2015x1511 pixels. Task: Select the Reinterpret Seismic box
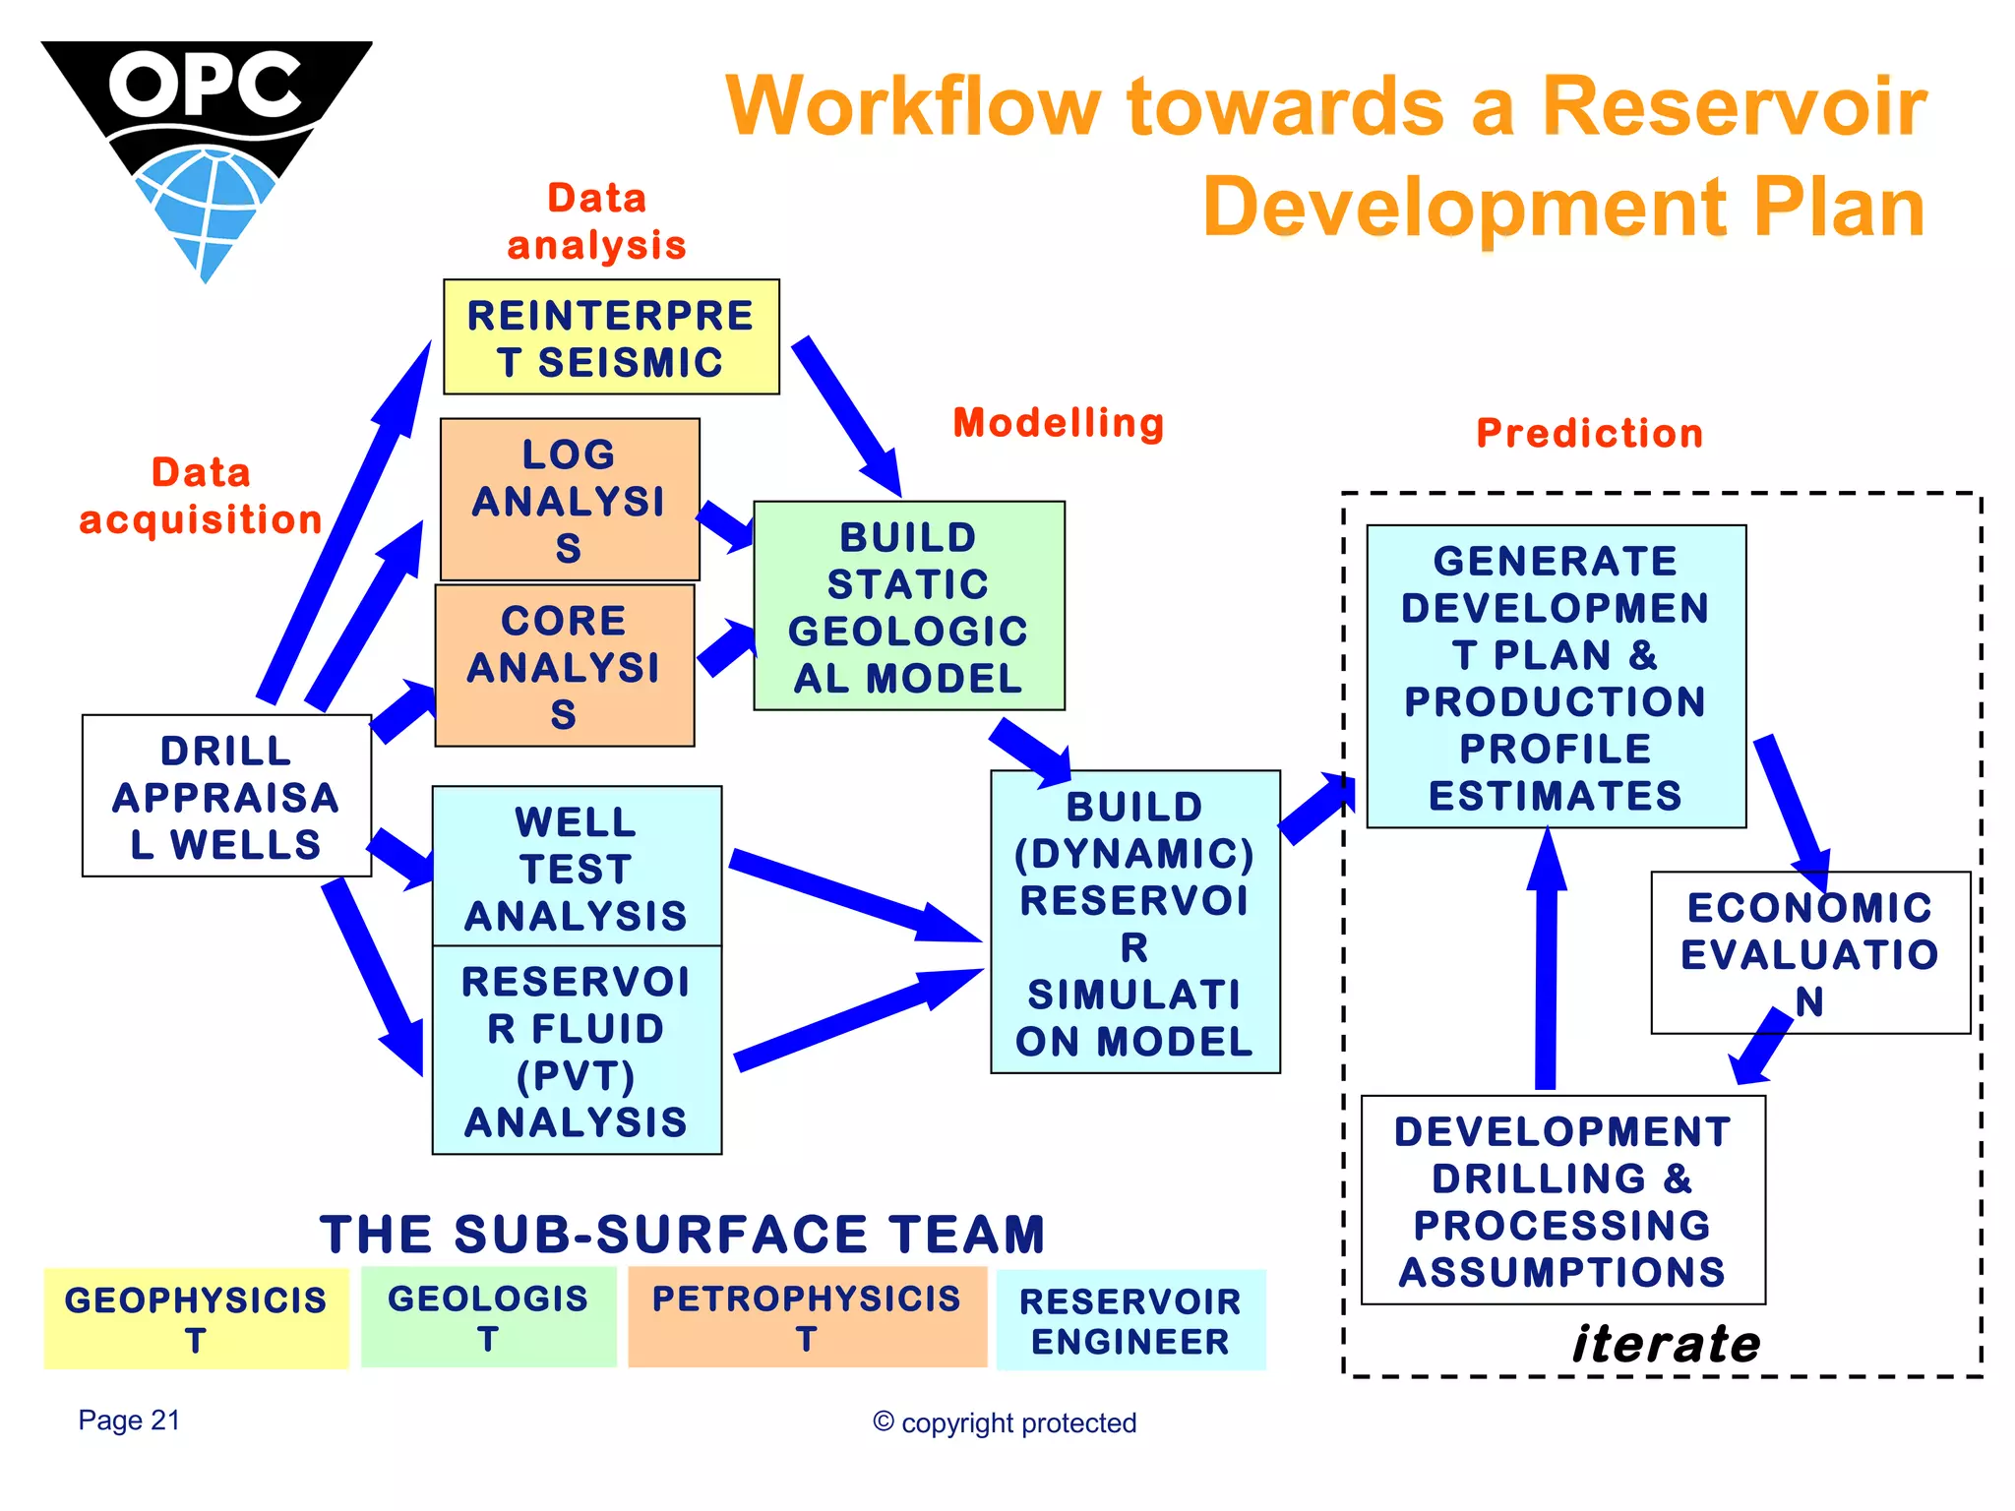(611, 337)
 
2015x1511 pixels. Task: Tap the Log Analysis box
(570, 500)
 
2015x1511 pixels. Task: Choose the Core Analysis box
(565, 666)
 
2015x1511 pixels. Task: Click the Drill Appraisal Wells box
(226, 796)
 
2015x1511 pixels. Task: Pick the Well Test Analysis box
(577, 867)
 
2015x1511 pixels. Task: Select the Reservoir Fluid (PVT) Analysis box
(577, 1050)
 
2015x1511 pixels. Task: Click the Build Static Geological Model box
(908, 606)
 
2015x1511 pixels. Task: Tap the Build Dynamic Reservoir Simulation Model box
(1134, 922)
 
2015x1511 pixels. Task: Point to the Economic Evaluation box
(1809, 952)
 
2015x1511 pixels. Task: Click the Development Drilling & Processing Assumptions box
(1562, 1200)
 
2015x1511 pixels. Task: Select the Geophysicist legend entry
(196, 1318)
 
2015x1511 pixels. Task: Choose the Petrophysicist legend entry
(807, 1316)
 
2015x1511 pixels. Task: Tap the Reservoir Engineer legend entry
(1130, 1320)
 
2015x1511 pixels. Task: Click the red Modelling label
(1059, 423)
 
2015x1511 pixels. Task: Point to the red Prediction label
(1590, 433)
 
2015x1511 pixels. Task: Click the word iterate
(1666, 1344)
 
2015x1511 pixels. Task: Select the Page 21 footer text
(129, 1420)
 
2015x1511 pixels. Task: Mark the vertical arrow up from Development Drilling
(1547, 964)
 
